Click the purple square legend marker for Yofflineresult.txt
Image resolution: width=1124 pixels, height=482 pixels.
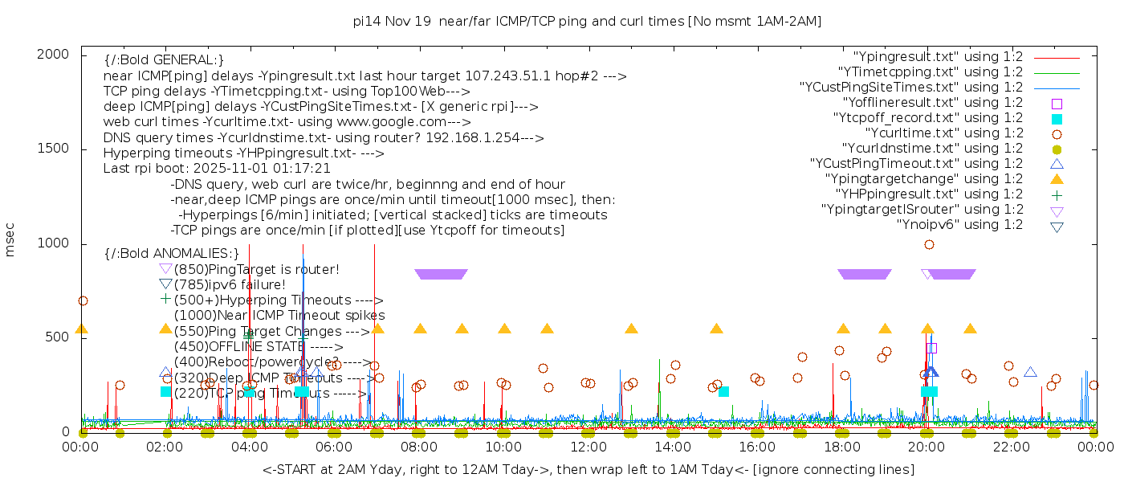point(1057,103)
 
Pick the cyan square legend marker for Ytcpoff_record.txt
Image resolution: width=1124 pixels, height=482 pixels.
point(1057,118)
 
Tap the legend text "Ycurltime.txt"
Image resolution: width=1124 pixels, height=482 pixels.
point(943,133)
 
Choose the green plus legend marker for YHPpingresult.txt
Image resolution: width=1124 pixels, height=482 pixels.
point(1057,194)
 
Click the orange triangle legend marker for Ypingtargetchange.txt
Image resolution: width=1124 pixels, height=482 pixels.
point(1057,178)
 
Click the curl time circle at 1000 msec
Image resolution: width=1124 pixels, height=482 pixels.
point(929,244)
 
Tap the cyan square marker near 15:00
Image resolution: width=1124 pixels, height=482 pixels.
point(723,391)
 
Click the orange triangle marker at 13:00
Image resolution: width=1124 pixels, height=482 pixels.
point(631,329)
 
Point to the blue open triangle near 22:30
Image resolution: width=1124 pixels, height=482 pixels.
point(1030,372)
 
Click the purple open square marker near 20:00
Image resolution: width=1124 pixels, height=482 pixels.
point(931,348)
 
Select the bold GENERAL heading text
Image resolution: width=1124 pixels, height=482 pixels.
point(164,60)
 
